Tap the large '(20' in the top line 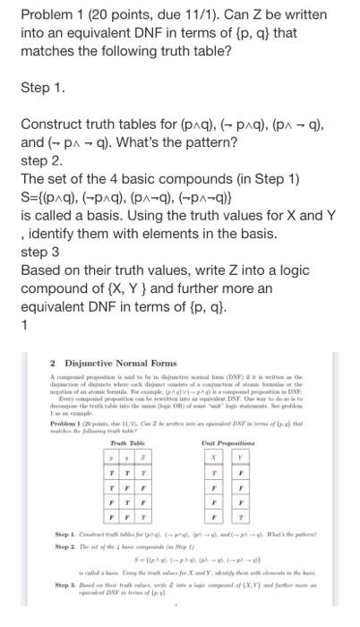(103, 15)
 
